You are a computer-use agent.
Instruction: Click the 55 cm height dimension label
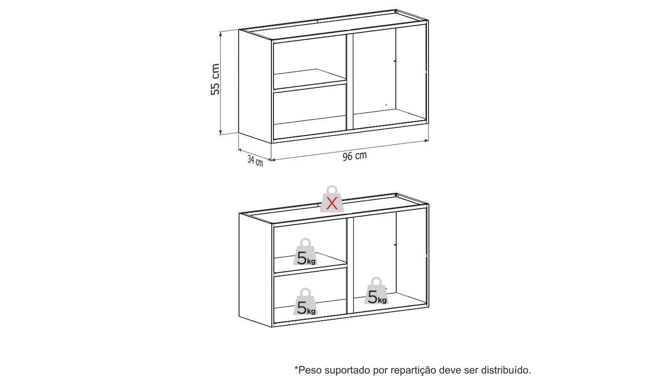215,79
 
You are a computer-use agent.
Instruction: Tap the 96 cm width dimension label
355,156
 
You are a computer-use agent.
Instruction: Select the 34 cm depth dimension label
255,161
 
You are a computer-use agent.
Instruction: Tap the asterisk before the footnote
296,367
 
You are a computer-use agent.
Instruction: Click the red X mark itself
332,203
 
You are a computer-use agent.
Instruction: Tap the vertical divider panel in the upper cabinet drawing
350,81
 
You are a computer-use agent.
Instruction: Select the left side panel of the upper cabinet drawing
255,86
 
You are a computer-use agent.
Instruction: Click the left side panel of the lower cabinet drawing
255,270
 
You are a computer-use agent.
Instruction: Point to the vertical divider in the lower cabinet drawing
350,266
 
